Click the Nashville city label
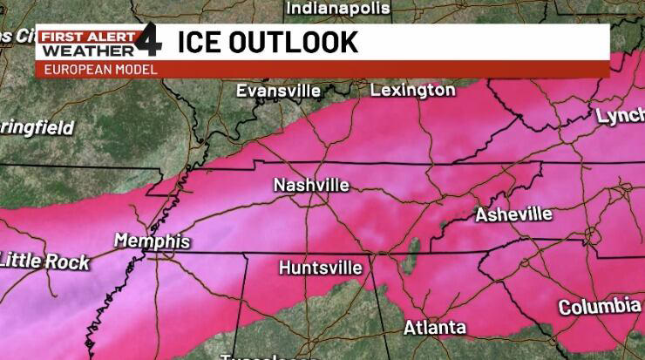pyautogui.click(x=311, y=186)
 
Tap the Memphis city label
pyautogui.click(x=152, y=241)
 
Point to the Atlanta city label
pyautogui.click(x=434, y=328)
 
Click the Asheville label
pyautogui.click(x=513, y=214)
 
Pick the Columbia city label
pyautogui.click(x=599, y=307)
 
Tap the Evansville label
pyautogui.click(x=278, y=91)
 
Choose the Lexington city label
pyautogui.click(x=412, y=90)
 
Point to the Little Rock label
pyautogui.click(x=44, y=261)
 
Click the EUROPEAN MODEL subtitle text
pyautogui.click(x=100, y=69)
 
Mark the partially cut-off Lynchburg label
pyautogui.click(x=620, y=117)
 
